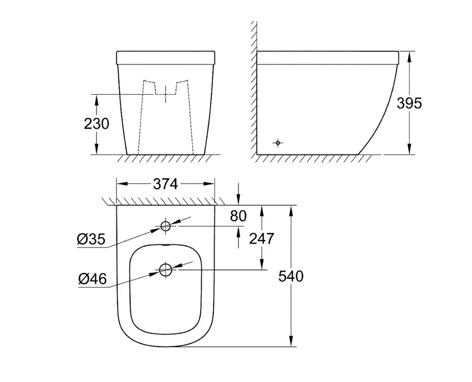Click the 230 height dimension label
[x=96, y=124]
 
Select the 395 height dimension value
[x=409, y=103]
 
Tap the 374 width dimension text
[x=166, y=184]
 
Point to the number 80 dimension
[x=238, y=216]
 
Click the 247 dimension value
[x=261, y=239]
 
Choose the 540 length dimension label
[x=291, y=276]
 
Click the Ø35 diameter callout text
[x=91, y=239]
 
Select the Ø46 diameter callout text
[x=93, y=279]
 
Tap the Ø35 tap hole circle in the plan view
[x=166, y=221]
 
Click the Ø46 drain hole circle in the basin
[x=166, y=264]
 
